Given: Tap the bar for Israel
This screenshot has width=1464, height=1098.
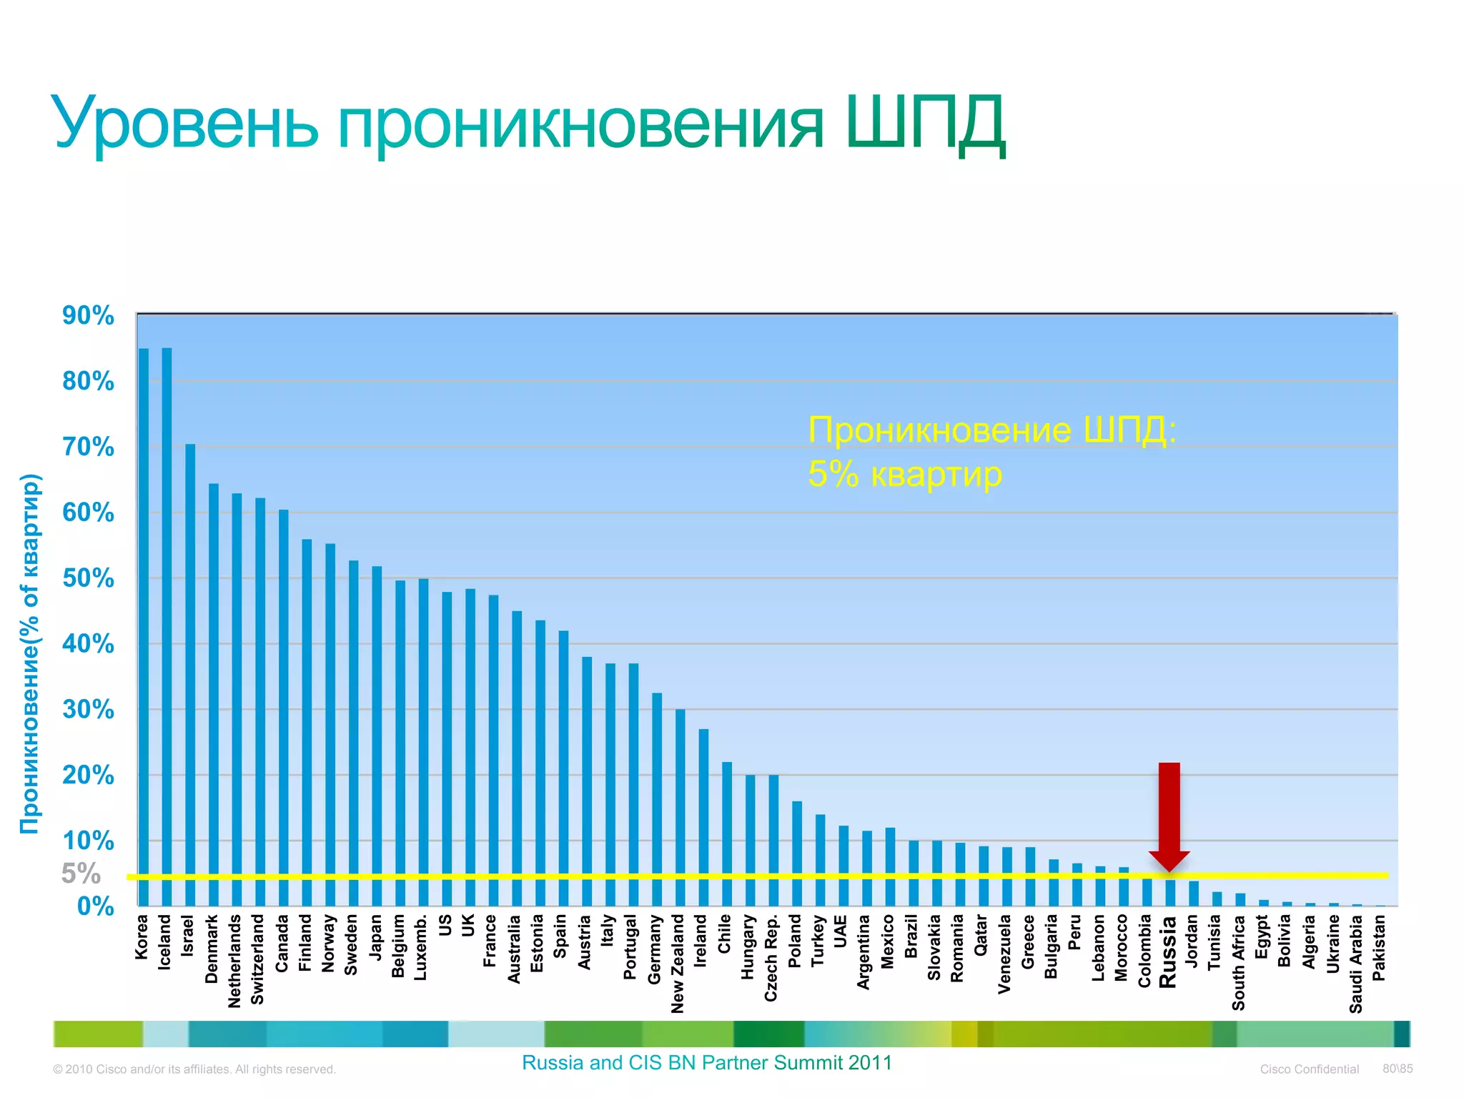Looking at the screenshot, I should pyautogui.click(x=190, y=675).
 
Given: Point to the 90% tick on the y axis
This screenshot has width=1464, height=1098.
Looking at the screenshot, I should pyautogui.click(x=88, y=315).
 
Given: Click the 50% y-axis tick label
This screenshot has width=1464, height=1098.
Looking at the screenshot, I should pyautogui.click(x=88, y=578).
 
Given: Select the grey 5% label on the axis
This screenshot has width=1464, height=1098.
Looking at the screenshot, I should pyautogui.click(x=81, y=874).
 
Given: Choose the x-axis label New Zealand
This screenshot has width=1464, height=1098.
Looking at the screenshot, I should pyautogui.click(x=678, y=963).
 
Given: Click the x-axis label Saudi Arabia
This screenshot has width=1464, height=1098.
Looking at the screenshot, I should pyautogui.click(x=1355, y=963).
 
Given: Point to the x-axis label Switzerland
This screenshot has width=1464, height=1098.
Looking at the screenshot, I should pyautogui.click(x=258, y=959).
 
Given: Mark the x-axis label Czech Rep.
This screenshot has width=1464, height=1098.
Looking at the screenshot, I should pyautogui.click(x=771, y=957).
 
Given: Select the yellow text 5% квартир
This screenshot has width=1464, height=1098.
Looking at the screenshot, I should pyautogui.click(x=905, y=474).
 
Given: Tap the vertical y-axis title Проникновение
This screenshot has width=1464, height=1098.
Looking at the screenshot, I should pyautogui.click(x=30, y=653).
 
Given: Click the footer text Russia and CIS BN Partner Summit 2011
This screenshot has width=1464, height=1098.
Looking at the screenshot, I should pyautogui.click(x=707, y=1063).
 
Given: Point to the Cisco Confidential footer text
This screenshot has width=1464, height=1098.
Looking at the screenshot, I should pyautogui.click(x=1309, y=1069).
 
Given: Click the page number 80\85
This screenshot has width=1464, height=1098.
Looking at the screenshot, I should pyautogui.click(x=1398, y=1069).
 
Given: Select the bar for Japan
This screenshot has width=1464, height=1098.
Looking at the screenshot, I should pyautogui.click(x=377, y=736).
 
